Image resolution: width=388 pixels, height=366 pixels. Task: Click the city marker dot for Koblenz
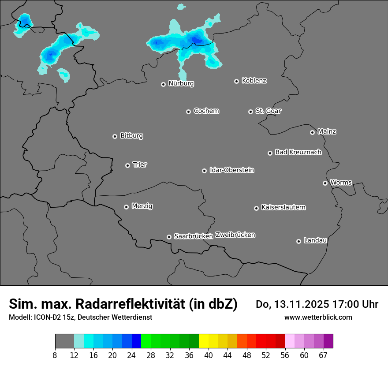click(x=236, y=81)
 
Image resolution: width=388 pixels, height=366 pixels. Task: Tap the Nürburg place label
click(x=181, y=83)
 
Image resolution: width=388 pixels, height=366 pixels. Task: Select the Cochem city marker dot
click(x=188, y=112)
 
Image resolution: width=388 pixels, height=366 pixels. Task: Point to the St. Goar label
click(x=268, y=111)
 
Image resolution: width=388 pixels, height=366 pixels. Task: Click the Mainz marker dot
click(x=312, y=132)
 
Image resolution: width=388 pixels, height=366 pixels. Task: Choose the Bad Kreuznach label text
click(x=298, y=152)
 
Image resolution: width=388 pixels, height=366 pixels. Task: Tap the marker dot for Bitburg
click(x=115, y=136)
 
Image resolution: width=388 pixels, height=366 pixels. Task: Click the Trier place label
click(x=140, y=164)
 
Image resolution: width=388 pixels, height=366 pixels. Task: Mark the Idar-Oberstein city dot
click(x=204, y=171)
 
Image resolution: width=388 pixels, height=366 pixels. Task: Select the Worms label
click(x=341, y=182)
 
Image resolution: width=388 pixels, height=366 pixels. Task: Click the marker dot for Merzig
click(x=126, y=207)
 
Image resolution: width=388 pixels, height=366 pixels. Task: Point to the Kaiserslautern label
click(x=283, y=207)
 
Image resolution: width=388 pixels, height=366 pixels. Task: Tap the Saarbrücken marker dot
click(x=169, y=237)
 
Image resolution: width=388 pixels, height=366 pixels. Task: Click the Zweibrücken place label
click(x=235, y=235)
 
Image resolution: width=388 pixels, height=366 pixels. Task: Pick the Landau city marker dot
click(x=298, y=241)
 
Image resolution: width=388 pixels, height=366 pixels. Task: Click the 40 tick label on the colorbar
click(x=209, y=355)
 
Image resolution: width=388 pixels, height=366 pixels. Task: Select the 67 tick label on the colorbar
click(x=324, y=355)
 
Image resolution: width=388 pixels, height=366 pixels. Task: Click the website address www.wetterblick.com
click(x=318, y=317)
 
